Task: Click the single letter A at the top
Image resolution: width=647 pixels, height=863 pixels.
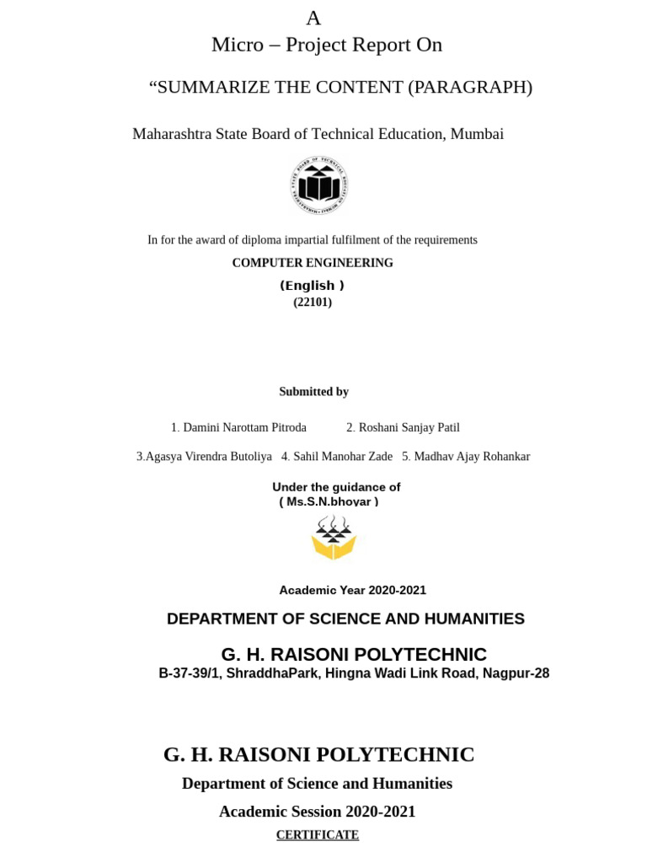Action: coord(313,19)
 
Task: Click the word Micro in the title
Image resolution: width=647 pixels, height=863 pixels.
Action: coord(238,46)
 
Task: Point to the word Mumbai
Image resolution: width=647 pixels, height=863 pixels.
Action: coord(477,134)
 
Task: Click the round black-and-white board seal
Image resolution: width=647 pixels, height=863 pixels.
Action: coord(320,185)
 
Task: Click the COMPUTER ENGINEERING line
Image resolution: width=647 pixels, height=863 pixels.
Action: coord(313,263)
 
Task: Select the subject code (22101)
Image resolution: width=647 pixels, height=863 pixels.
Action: coord(313,303)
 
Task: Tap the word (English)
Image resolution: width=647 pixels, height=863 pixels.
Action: coord(313,286)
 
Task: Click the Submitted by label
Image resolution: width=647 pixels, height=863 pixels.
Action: coord(313,392)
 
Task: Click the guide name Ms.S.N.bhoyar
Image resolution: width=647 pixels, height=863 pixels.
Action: coord(329,502)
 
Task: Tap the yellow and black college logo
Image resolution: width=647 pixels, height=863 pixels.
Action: coord(334,539)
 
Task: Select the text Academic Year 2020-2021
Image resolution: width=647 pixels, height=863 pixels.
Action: coord(352,591)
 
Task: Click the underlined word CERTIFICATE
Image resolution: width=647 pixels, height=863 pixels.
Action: coord(318,835)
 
